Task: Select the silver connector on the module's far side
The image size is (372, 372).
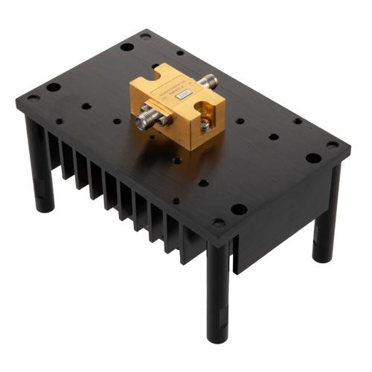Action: point(211,79)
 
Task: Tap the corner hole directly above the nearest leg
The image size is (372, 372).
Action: point(218,222)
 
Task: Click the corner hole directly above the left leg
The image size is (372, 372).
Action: point(33,97)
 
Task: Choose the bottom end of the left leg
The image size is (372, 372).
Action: point(44,206)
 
